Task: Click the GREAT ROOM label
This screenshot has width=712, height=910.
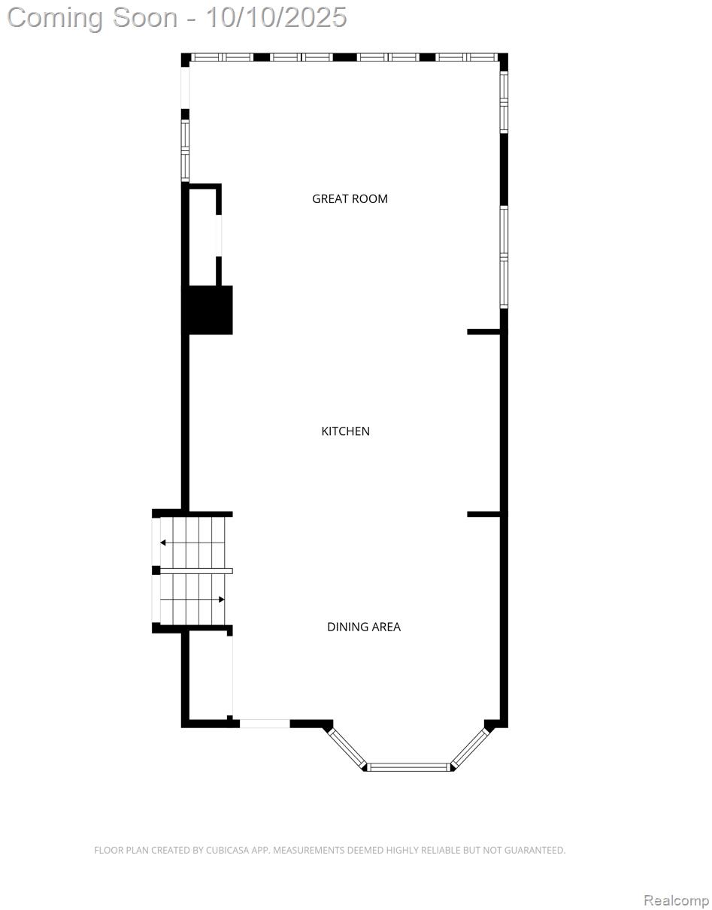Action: click(350, 199)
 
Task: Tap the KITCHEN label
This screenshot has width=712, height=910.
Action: click(345, 431)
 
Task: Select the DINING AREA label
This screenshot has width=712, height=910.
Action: click(363, 627)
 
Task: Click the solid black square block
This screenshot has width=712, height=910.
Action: click(208, 310)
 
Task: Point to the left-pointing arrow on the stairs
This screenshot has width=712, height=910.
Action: click(164, 543)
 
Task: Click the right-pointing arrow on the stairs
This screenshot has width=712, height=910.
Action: click(220, 599)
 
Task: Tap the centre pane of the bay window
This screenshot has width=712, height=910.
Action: click(408, 767)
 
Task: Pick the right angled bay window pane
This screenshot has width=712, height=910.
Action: click(470, 748)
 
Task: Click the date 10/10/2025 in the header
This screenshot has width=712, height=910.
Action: click(276, 17)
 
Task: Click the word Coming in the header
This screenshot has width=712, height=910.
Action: click(55, 17)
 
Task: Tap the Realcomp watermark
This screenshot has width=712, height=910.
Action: click(675, 900)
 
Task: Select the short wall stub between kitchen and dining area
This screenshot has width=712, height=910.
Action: click(483, 514)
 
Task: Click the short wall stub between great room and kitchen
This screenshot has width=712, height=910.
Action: click(483, 331)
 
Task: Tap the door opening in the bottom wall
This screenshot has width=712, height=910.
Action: click(265, 724)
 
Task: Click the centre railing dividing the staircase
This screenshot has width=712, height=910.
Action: click(195, 571)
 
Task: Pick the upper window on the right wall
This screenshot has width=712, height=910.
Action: click(504, 102)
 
